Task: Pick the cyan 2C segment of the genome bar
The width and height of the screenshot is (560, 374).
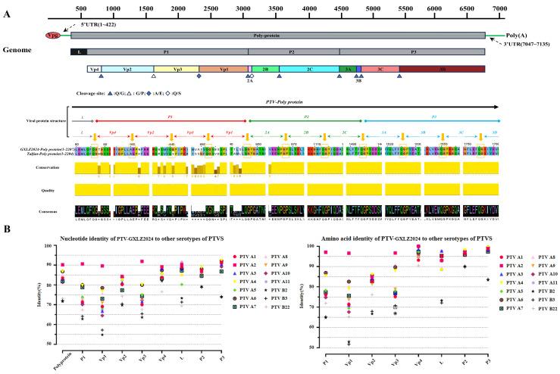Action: coord(312,69)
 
